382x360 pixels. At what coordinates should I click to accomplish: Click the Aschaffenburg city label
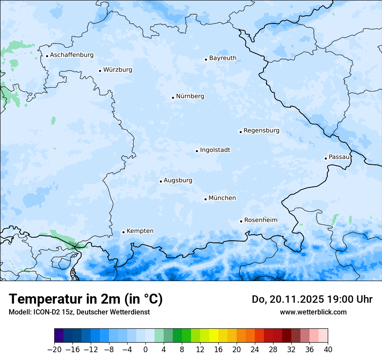pyautogui.click(x=72, y=55)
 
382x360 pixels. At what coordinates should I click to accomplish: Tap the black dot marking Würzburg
pyautogui.click(x=100, y=71)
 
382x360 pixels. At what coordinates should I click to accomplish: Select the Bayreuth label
pyautogui.click(x=223, y=58)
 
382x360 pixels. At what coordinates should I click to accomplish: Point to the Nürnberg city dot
pyautogui.click(x=173, y=98)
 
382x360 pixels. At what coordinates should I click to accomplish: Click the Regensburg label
pyautogui.click(x=261, y=131)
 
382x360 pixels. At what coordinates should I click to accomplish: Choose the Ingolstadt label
pyautogui.click(x=215, y=150)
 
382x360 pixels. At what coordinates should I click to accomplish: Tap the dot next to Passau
pyautogui.click(x=326, y=158)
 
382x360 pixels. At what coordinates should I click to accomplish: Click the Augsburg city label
pyautogui.click(x=178, y=180)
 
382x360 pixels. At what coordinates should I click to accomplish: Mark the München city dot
pyautogui.click(x=205, y=199)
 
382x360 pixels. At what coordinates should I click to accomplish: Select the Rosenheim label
pyautogui.click(x=260, y=220)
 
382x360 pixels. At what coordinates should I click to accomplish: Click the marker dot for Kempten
pyautogui.click(x=123, y=232)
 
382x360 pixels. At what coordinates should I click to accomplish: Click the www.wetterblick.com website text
pyautogui.click(x=313, y=312)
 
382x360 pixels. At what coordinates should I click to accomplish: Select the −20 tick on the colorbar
pyautogui.click(x=54, y=350)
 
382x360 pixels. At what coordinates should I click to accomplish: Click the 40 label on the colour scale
pyautogui.click(x=328, y=350)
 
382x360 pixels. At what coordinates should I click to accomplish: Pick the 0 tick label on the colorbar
pyautogui.click(x=145, y=350)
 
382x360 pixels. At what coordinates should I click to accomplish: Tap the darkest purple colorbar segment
pyautogui.click(x=59, y=336)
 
